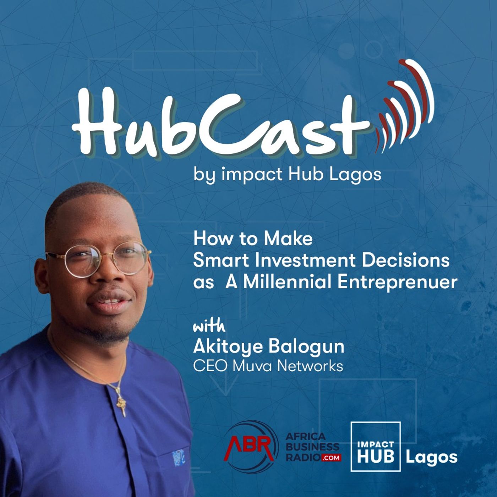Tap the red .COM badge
[331, 458]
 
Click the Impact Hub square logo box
[375, 446]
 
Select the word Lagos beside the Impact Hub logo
[431, 457]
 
